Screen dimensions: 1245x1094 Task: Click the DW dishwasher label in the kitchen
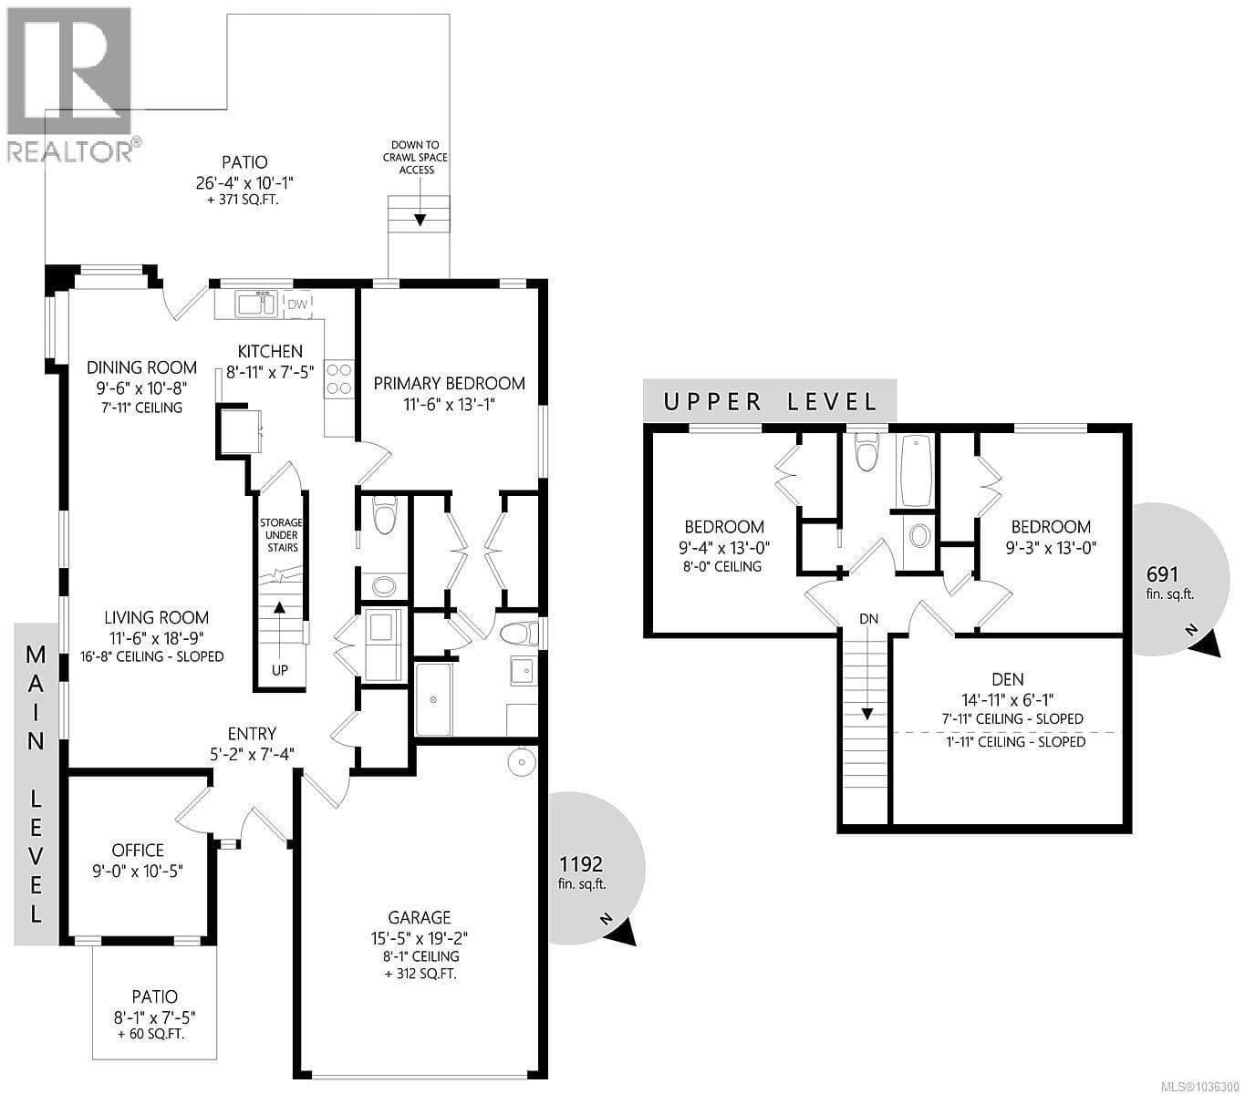click(297, 304)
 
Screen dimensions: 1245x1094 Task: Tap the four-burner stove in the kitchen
click(339, 379)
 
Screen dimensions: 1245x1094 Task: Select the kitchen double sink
click(256, 304)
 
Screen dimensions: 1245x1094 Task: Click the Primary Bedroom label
click(450, 383)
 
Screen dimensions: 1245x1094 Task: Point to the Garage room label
click(419, 918)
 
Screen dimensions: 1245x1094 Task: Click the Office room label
click(138, 851)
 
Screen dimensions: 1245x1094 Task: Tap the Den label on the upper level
click(1008, 679)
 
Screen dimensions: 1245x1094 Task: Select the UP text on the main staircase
click(280, 670)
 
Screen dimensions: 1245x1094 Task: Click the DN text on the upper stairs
click(869, 618)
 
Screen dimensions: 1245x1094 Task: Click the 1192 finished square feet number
click(581, 864)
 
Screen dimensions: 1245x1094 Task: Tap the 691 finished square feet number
click(1163, 574)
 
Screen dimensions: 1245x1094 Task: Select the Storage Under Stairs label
click(282, 535)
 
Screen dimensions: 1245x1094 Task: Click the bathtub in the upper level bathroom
click(917, 470)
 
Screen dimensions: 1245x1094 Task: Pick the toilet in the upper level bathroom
click(866, 451)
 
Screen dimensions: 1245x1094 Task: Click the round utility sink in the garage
click(522, 763)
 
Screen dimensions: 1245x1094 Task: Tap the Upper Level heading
click(770, 402)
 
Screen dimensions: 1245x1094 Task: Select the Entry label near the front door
click(252, 733)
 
